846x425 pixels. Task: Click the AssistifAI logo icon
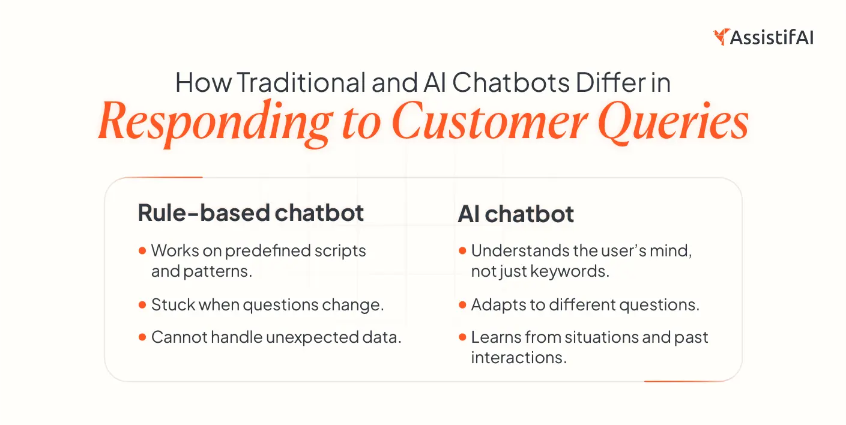721,37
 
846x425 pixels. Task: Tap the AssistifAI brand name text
772,37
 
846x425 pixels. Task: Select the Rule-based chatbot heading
251,213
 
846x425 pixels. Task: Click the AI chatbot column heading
516,213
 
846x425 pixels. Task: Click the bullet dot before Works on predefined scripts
142,250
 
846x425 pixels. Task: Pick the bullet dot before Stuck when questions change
142,305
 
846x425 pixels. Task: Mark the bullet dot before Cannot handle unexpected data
142,337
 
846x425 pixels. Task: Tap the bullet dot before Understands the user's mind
462,250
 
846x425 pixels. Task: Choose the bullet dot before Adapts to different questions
462,305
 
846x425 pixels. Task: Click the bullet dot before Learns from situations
462,337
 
